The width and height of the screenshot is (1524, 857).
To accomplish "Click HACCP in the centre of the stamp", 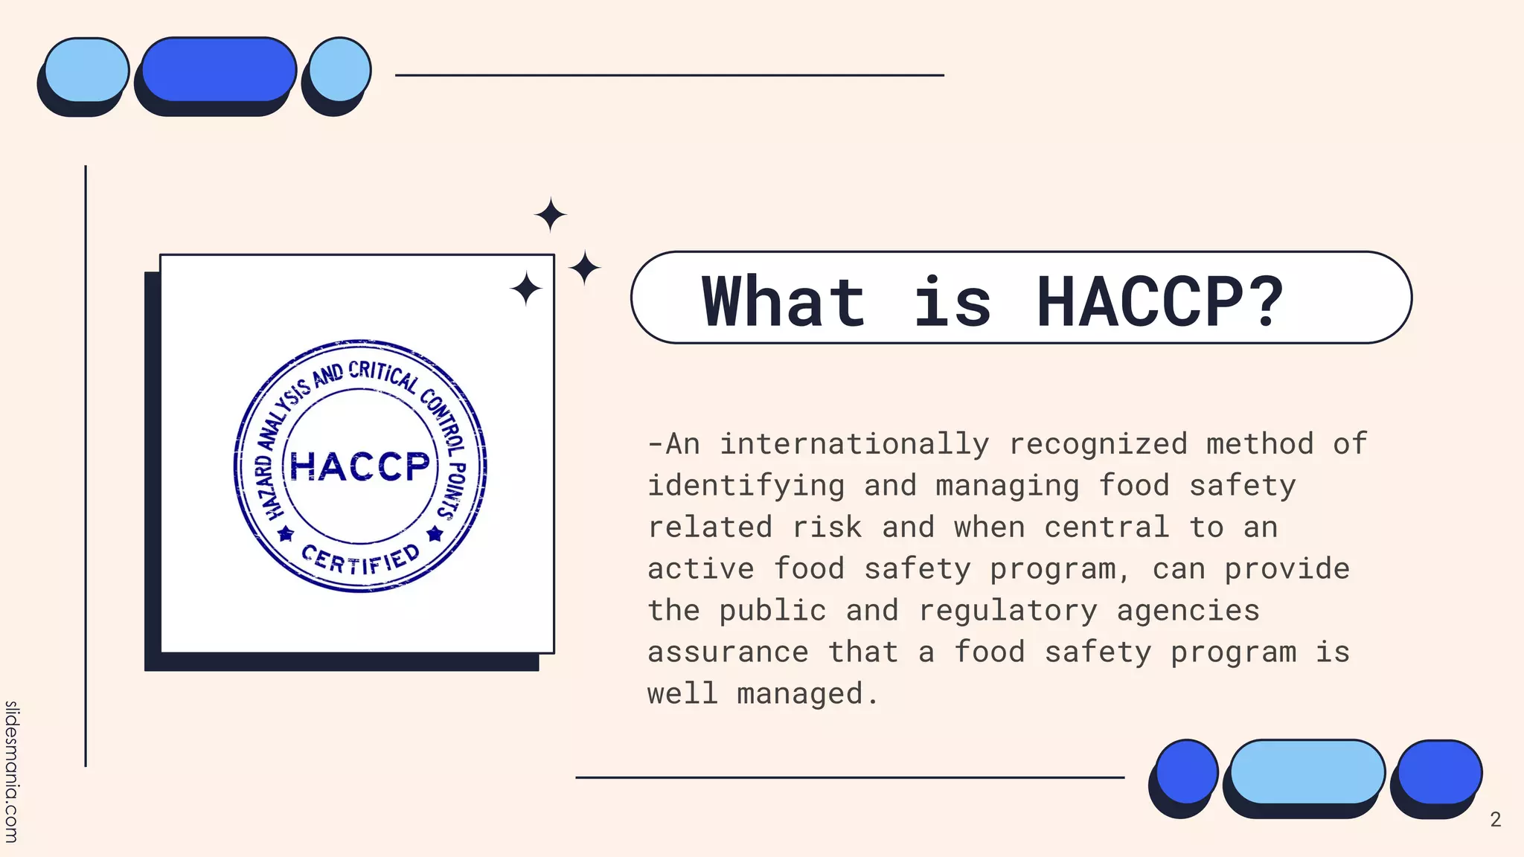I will pyautogui.click(x=360, y=466).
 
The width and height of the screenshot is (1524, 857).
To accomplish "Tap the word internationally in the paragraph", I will pyautogui.click(x=854, y=444).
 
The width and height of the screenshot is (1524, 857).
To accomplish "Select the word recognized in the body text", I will pyautogui.click(x=1098, y=444).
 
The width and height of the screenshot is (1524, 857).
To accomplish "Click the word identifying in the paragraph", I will pyautogui.click(x=746, y=486).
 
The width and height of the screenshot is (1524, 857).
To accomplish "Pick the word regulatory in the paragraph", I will pyautogui.click(x=1008, y=611).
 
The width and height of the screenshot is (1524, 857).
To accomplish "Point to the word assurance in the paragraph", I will pyautogui.click(x=728, y=652).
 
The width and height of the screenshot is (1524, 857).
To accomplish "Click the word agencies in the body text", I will pyautogui.click(x=1188, y=611).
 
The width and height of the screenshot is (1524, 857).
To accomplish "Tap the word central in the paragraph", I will pyautogui.click(x=1107, y=527).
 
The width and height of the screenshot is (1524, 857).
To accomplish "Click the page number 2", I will pyautogui.click(x=1495, y=820).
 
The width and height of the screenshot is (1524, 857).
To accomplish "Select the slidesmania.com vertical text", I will pyautogui.click(x=11, y=771).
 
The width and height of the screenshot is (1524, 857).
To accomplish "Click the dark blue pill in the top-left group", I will pyautogui.click(x=219, y=69).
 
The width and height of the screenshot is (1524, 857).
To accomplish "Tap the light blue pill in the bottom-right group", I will pyautogui.click(x=1307, y=771).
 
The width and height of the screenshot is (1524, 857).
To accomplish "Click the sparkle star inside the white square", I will pyautogui.click(x=526, y=289).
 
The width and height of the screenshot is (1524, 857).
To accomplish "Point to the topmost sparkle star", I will pyautogui.click(x=551, y=215).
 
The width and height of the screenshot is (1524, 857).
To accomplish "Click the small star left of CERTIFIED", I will pyautogui.click(x=286, y=534).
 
